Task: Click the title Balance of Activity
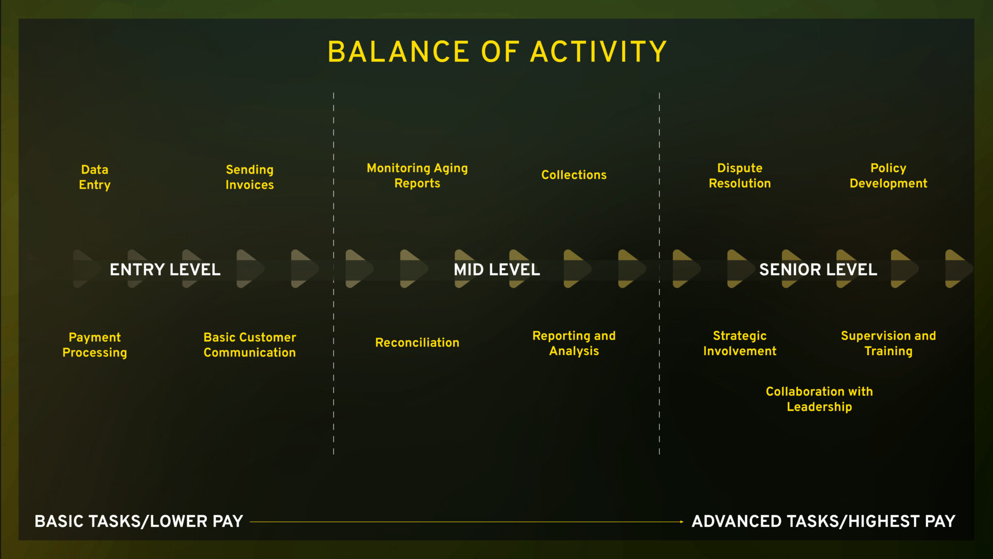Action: coord(497,52)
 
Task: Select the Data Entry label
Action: coord(95,177)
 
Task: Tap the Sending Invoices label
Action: coord(250,177)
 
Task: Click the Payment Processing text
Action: coord(95,345)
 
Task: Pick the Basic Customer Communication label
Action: coord(250,345)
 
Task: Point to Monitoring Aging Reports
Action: coord(417,175)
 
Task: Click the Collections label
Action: coord(574,175)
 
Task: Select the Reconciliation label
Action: coord(417,343)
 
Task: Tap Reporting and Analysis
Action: coord(574,343)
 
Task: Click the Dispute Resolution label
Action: coord(740,175)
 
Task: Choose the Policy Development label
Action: coord(889,175)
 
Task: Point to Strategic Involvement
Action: coord(740,343)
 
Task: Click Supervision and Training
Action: coord(889,343)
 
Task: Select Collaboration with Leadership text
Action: coord(819,399)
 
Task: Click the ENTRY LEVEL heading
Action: coord(165,270)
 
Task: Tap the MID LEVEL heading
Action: coord(497,270)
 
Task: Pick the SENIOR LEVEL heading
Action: coord(818,270)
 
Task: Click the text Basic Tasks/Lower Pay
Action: coord(139,521)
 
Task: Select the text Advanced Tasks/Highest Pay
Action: coord(823,521)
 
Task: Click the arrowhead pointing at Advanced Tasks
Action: coord(682,522)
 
